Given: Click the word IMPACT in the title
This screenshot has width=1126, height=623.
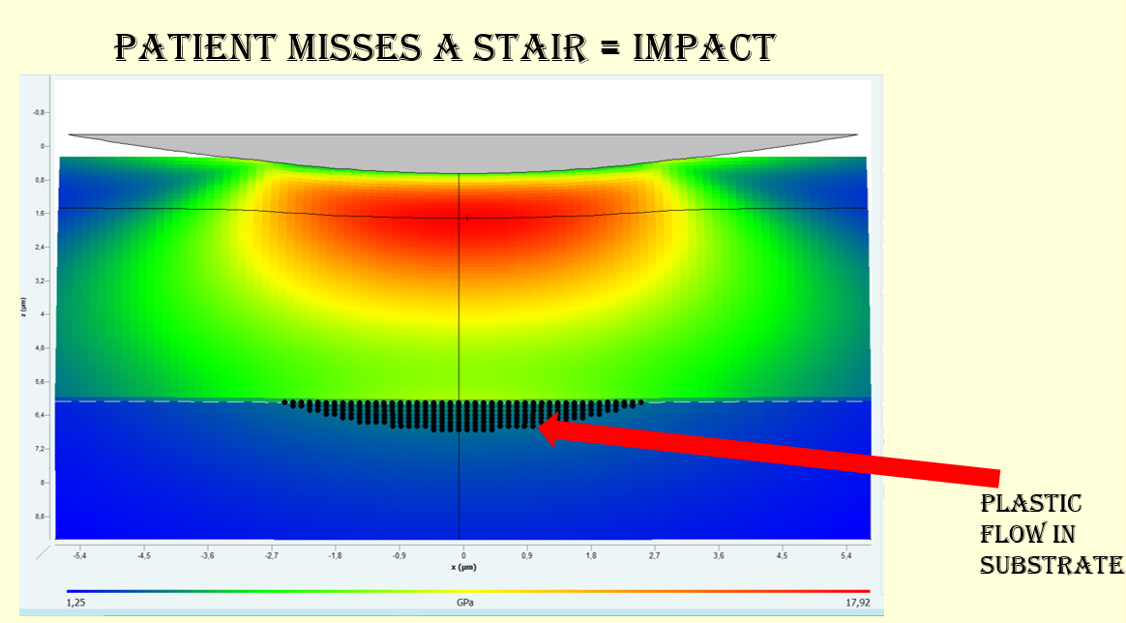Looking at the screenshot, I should (x=703, y=46).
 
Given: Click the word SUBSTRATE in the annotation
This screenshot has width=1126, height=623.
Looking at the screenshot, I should (x=1051, y=565).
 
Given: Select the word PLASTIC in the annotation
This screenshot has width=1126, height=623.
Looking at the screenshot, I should (x=1030, y=504).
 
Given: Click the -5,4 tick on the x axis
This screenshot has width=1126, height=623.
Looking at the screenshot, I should (x=80, y=556).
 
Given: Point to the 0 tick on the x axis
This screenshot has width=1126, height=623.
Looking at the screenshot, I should (x=463, y=556).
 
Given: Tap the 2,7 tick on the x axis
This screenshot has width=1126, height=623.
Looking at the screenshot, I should (x=655, y=556).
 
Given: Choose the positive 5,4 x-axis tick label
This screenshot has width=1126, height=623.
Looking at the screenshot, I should (x=846, y=556).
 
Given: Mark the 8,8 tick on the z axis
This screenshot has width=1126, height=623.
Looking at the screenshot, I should (x=40, y=517).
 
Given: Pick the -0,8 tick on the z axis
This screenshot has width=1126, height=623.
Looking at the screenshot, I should (x=39, y=112).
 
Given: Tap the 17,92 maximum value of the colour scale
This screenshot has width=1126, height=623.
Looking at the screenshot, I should (x=856, y=602).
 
